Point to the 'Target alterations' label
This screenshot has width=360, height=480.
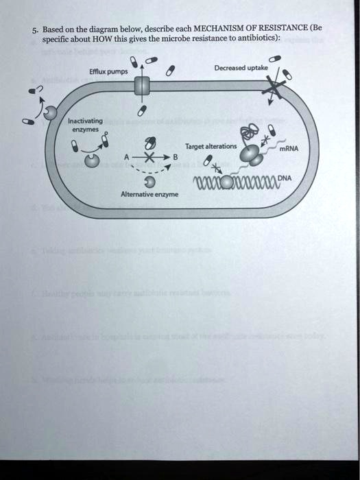(211, 147)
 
